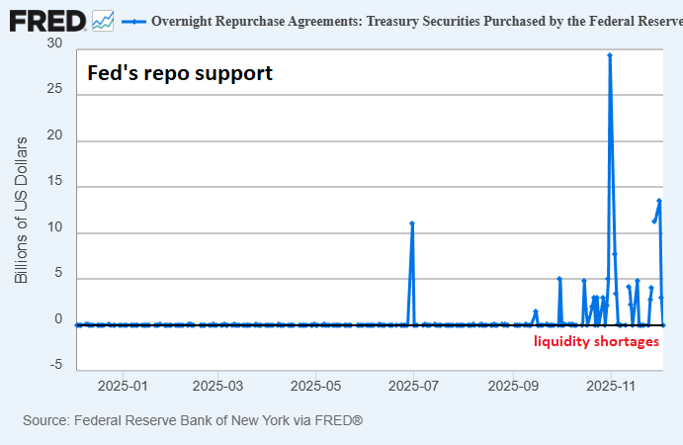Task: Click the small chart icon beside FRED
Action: click(x=103, y=20)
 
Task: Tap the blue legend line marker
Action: click(x=133, y=20)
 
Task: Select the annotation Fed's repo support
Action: click(x=180, y=73)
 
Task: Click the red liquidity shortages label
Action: click(x=596, y=341)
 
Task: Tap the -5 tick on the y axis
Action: click(x=55, y=366)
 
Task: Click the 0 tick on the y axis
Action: click(x=58, y=319)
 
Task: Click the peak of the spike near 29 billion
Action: click(x=610, y=55)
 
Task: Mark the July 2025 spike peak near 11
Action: click(x=412, y=223)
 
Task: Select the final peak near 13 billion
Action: click(x=659, y=201)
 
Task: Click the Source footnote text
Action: click(x=193, y=421)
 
